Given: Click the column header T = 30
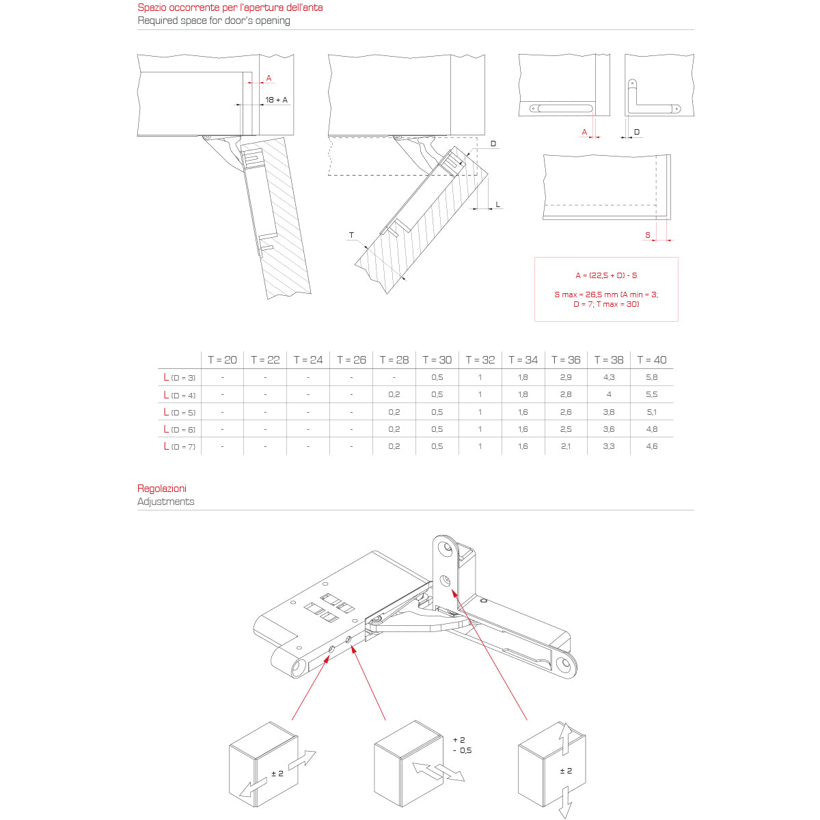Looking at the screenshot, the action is click(x=437, y=360).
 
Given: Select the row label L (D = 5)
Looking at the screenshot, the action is click(x=179, y=412).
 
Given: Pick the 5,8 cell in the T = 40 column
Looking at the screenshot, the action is click(x=651, y=377).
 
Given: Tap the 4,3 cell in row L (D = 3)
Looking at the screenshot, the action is click(x=609, y=377).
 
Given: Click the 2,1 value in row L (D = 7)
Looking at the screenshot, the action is click(x=566, y=446).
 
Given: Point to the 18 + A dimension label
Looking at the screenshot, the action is click(x=277, y=100).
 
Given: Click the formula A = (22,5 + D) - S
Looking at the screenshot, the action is click(x=606, y=275).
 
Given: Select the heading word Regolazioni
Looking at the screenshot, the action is click(x=162, y=488).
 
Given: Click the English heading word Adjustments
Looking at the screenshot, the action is click(x=165, y=502).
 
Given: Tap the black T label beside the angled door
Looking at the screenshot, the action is click(x=351, y=235).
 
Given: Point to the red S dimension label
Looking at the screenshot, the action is click(x=648, y=235).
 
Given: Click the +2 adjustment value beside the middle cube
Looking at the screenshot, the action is click(x=459, y=739).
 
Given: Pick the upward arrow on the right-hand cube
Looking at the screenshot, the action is click(x=566, y=738).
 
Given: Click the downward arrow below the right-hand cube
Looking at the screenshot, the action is click(x=566, y=802).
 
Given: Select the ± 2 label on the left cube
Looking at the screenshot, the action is click(x=277, y=773).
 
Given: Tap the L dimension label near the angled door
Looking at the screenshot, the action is click(x=497, y=205).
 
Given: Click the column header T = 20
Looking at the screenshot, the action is click(x=222, y=360).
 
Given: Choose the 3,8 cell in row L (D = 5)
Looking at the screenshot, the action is click(x=609, y=412).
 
